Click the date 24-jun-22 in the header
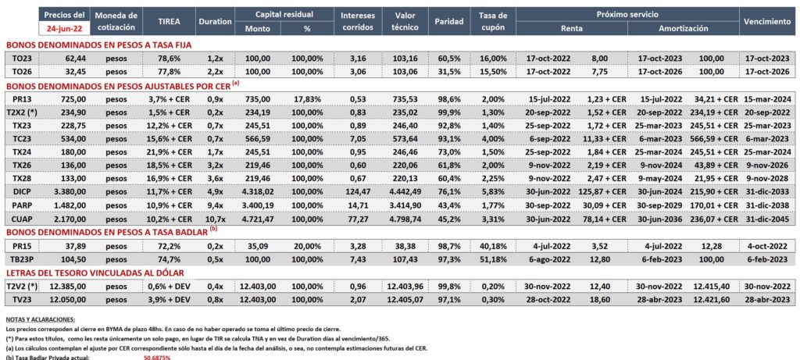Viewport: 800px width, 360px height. click(64, 29)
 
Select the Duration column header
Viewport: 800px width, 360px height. click(216, 22)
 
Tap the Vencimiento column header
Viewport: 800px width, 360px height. click(767, 22)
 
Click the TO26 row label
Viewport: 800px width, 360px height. click(23, 71)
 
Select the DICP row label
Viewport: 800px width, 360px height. click(23, 191)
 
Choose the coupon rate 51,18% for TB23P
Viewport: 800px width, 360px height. click(494, 258)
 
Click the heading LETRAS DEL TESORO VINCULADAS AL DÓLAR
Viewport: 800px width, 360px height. click(95, 273)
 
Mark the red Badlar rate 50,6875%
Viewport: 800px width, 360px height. click(157, 358)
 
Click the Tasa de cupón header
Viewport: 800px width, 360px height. click(494, 22)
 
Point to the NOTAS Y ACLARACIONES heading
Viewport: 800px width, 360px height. click(41, 319)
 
